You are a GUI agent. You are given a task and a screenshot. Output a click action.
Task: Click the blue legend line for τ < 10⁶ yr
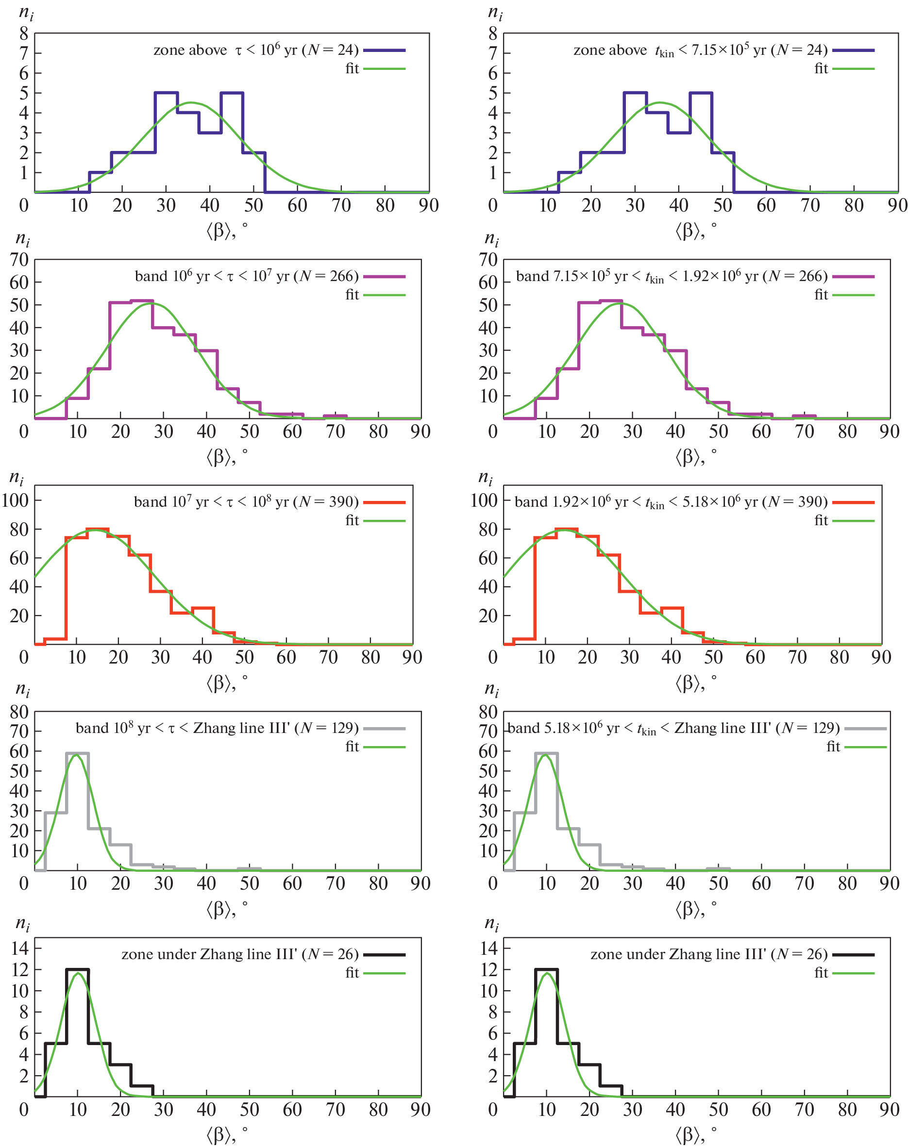tap(385, 50)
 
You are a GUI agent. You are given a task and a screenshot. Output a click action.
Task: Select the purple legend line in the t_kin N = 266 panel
tap(853, 276)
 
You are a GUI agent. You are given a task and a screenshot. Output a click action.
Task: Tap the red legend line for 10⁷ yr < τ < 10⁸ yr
tap(385, 502)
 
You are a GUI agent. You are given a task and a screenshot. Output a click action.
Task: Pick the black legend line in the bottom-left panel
tap(385, 955)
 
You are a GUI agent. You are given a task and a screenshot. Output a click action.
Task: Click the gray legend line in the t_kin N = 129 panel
tap(865, 729)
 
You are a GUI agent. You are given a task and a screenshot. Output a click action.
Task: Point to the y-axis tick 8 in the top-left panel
tap(24, 34)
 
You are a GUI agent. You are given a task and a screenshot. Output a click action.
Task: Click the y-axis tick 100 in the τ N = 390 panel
tap(15, 500)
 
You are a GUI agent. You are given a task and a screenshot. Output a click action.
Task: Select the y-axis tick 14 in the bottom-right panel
tap(488, 948)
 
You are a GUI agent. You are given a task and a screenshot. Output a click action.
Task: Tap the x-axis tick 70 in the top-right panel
tap(809, 206)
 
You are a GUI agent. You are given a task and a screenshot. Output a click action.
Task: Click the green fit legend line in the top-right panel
tap(853, 69)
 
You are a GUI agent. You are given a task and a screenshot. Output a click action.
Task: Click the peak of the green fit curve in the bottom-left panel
tap(78, 973)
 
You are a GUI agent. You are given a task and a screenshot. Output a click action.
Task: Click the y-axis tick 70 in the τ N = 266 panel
tap(20, 260)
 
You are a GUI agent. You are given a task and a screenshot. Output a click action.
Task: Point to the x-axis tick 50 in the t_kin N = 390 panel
tap(713, 658)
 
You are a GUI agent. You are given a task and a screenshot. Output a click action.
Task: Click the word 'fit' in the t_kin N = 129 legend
tap(833, 747)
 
